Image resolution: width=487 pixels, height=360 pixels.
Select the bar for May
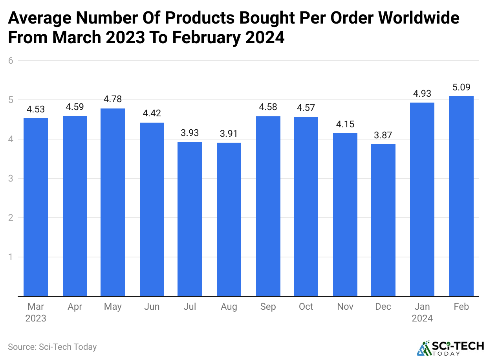113,202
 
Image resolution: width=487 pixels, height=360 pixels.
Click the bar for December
383,220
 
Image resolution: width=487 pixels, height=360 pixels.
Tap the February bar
461,196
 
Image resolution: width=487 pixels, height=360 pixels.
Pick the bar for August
229,219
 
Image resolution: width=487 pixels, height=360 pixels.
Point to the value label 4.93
422,94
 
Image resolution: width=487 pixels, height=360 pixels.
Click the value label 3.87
383,135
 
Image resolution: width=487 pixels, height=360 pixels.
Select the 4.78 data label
113,99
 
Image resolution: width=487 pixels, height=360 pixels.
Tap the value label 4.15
345,124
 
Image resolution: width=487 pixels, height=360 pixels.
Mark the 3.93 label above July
190,133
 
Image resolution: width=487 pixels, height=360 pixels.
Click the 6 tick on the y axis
11,61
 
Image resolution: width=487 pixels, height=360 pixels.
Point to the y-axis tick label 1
11,257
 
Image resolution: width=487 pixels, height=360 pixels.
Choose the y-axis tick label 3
11,178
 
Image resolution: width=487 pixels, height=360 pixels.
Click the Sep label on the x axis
268,307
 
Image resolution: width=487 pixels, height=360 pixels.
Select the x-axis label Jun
152,307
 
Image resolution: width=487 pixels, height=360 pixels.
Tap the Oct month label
306,307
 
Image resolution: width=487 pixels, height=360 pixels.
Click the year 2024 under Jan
422,318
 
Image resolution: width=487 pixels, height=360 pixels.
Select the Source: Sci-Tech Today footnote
52,347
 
